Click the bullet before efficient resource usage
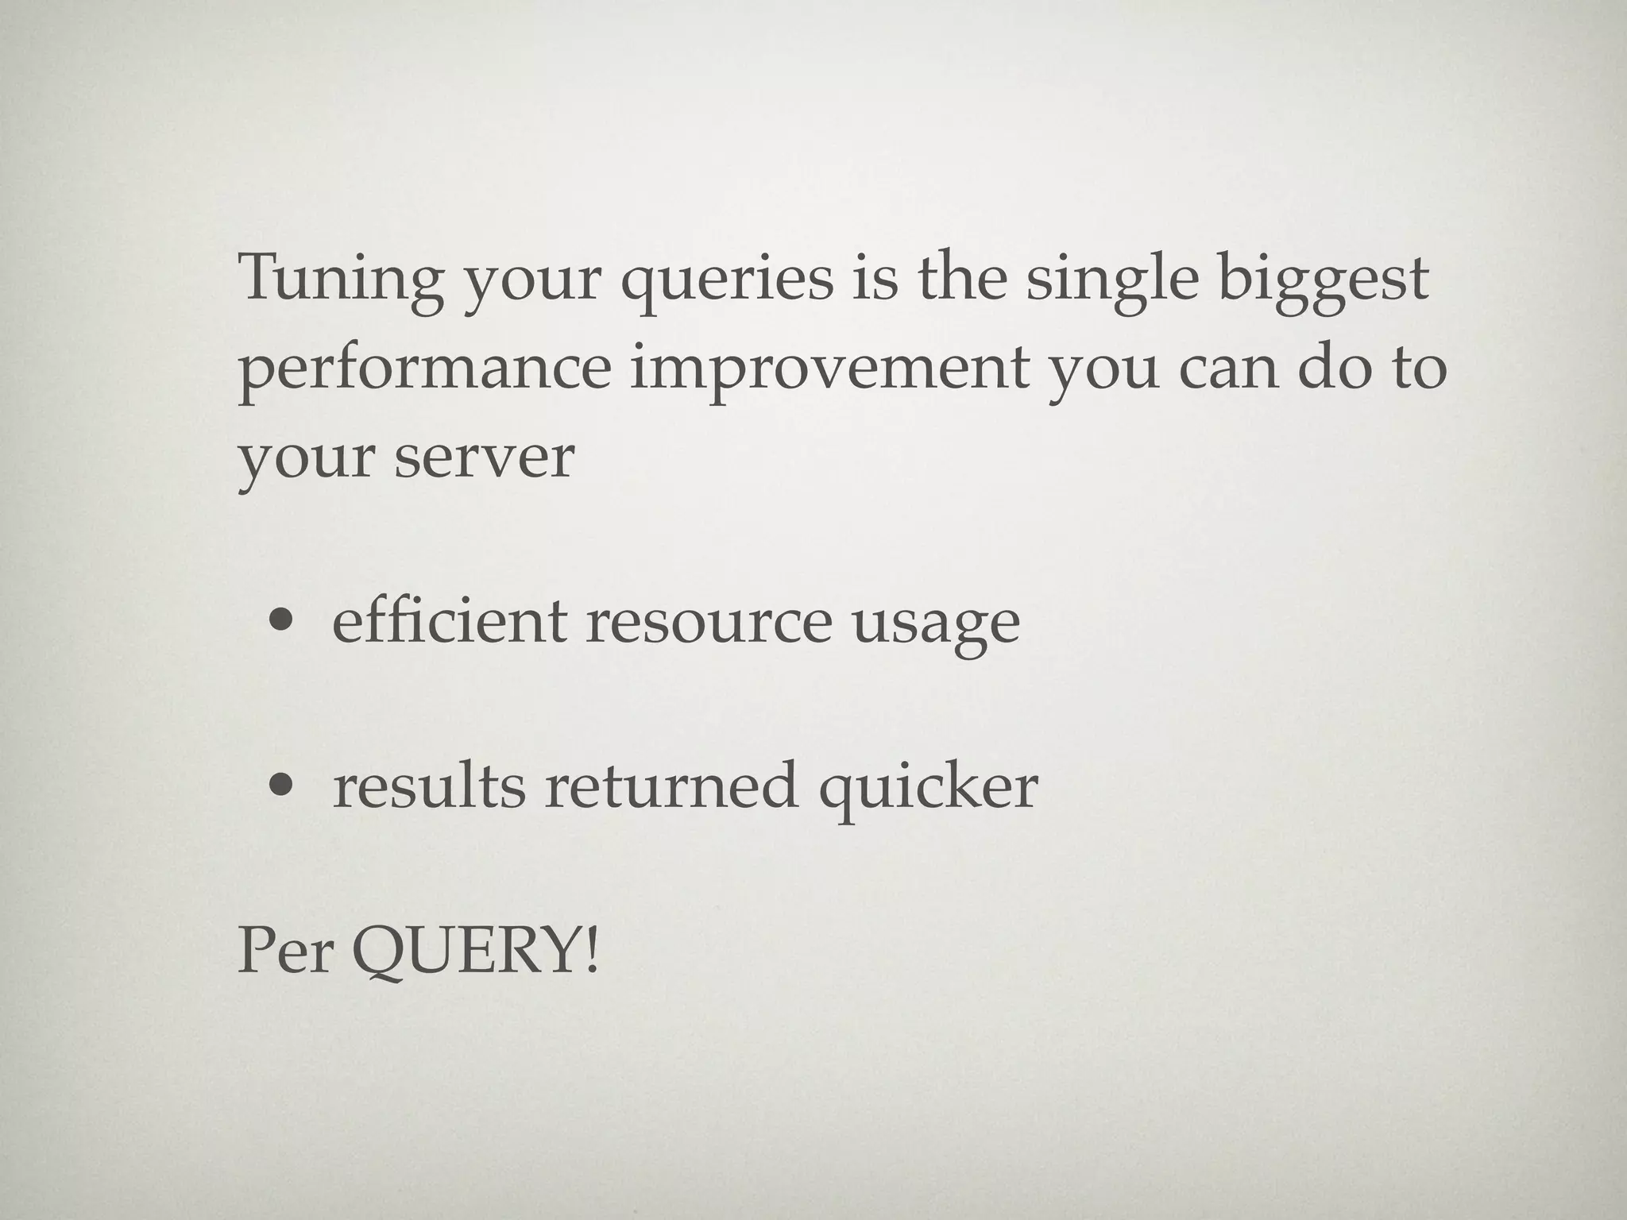pyautogui.click(x=280, y=624)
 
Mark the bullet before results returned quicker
pyautogui.click(x=280, y=787)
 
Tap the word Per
pyautogui.click(x=285, y=952)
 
